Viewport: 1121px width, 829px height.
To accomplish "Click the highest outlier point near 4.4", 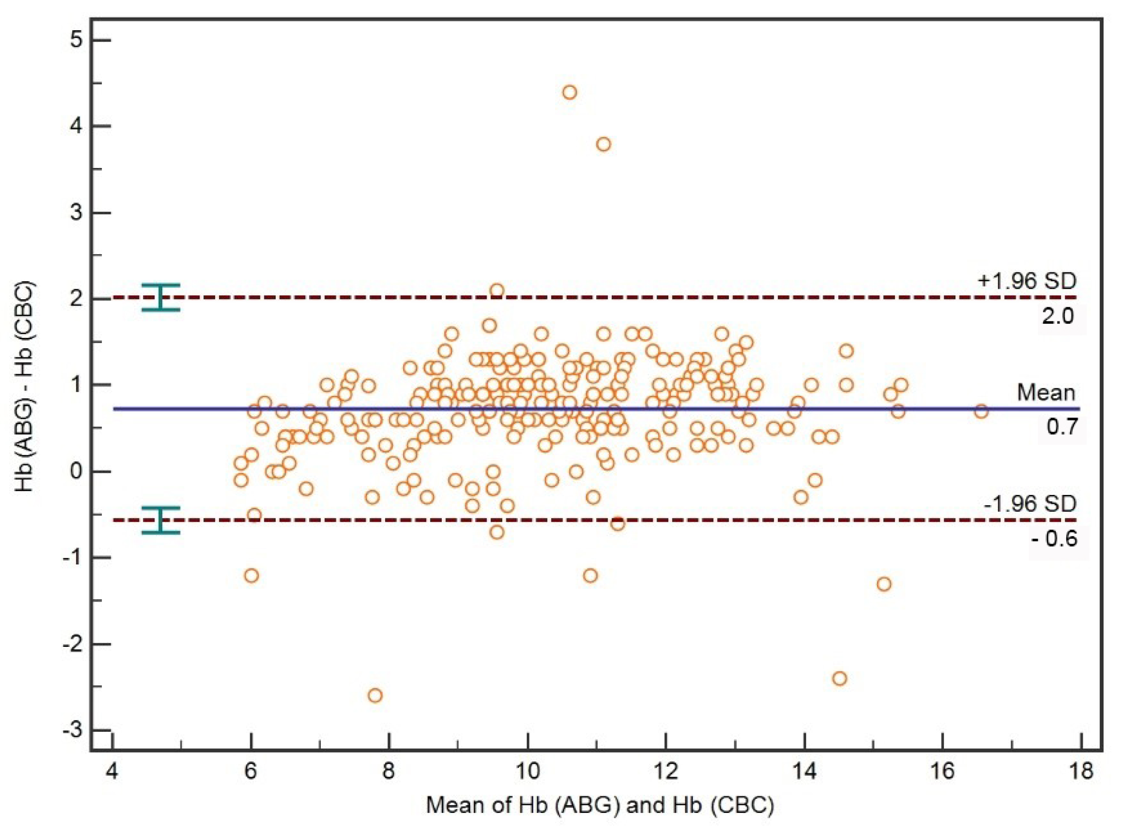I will pos(569,92).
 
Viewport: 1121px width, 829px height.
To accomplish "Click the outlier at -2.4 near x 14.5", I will pos(839,678).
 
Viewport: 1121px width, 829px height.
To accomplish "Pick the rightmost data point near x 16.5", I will pos(981,411).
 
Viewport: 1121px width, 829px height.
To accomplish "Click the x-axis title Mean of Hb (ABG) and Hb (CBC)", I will pos(600,806).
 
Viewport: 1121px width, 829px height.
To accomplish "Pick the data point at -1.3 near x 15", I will pos(884,584).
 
